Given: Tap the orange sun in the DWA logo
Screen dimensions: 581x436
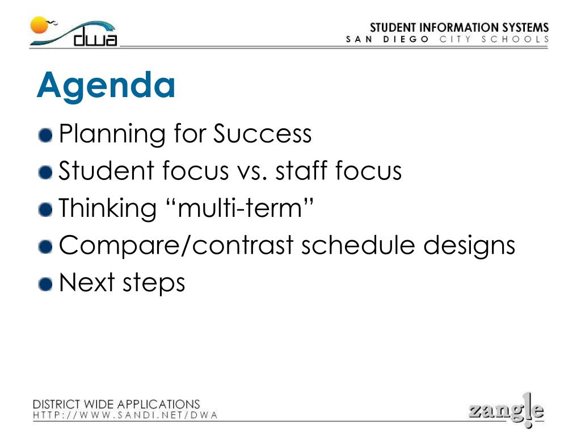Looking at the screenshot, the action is tap(39, 25).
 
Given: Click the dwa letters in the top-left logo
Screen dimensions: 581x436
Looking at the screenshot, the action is tap(95, 38).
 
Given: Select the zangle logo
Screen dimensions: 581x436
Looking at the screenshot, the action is tap(507, 410).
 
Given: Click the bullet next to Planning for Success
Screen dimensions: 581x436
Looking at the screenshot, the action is tap(45, 135).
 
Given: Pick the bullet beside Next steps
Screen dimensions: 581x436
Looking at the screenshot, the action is tap(45, 284).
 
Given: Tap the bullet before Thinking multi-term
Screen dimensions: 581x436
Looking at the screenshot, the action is tap(45, 209).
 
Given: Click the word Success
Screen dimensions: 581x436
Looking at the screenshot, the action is tap(262, 133).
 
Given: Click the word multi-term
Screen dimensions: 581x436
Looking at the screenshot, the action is tap(240, 208).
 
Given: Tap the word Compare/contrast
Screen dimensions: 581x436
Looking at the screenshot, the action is tap(176, 245).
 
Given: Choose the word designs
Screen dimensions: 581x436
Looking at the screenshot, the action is tap(469, 245).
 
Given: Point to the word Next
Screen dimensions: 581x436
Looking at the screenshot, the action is tap(87, 283).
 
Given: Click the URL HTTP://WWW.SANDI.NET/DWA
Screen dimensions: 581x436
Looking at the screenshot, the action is tap(125, 415).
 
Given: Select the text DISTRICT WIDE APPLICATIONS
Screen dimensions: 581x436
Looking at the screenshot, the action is tap(116, 404).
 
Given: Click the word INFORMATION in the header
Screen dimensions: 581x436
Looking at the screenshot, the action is tap(459, 27).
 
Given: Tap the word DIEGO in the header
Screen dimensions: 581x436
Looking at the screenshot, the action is tap(406, 39).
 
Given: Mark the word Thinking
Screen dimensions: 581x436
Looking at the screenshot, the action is tap(108, 208).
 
